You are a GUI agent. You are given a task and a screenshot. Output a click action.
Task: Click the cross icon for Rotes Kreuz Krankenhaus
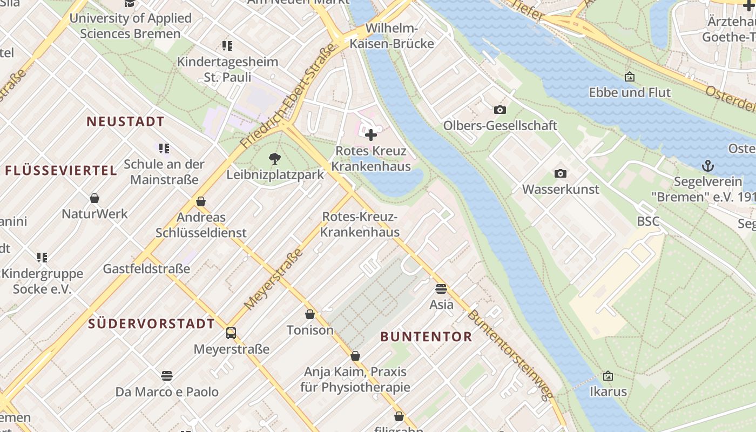[371, 134]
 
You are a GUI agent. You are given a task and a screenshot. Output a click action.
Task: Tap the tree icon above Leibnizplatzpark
[275, 158]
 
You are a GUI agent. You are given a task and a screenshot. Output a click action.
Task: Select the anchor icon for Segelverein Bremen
[707, 165]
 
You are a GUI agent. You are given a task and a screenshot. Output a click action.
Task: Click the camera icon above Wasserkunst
[561, 173]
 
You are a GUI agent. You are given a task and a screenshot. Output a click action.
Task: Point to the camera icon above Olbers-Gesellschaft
[500, 110]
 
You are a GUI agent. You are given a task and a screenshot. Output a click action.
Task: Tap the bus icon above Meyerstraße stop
[231, 333]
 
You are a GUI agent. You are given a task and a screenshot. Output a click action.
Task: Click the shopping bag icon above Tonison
[310, 314]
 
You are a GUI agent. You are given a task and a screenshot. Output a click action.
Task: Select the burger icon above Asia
[441, 288]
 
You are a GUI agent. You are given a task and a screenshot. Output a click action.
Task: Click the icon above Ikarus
[608, 375]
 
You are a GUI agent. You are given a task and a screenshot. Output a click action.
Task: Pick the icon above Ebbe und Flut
[629, 77]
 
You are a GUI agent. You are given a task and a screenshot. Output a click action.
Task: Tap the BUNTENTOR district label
[426, 337]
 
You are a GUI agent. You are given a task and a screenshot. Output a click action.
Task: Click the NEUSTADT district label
[125, 122]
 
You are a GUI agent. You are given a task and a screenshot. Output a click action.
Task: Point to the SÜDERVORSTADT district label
[151, 324]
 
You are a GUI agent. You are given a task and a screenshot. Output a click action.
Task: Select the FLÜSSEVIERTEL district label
[61, 171]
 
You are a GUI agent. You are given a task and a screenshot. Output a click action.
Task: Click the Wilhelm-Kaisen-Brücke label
[392, 36]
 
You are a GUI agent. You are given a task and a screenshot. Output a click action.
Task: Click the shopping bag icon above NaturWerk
[94, 198]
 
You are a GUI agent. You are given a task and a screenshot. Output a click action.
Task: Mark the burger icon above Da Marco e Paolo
[167, 375]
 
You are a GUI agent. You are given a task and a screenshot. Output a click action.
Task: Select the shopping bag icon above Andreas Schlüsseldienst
[201, 201]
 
